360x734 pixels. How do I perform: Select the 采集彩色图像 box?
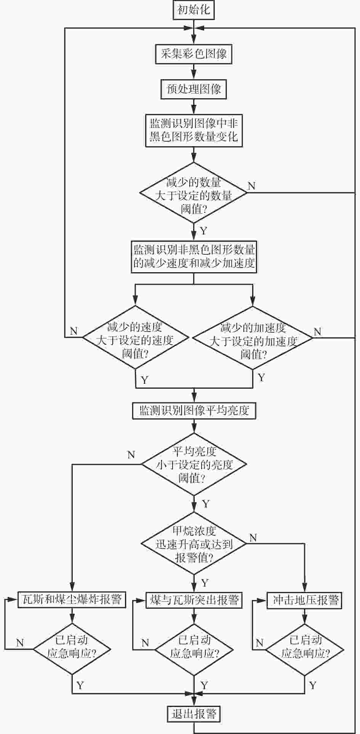194,54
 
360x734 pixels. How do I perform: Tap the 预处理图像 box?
194,89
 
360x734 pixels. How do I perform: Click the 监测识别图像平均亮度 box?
194,410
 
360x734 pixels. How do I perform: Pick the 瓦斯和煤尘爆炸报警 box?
72,600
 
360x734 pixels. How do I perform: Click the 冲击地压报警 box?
304,600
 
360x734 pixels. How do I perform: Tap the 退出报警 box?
194,714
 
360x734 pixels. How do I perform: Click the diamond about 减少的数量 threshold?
194,193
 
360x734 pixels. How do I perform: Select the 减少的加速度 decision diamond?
253,338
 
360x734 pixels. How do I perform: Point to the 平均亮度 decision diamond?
194,464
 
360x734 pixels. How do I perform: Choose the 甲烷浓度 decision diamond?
194,544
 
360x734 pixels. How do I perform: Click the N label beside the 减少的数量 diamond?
251,186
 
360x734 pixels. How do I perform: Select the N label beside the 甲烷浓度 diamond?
253,538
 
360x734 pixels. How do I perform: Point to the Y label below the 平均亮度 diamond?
206,504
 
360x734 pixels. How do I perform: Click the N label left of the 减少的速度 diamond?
74,331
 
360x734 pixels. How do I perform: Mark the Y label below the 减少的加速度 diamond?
261,378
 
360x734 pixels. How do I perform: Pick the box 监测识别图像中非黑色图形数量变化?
194,130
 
